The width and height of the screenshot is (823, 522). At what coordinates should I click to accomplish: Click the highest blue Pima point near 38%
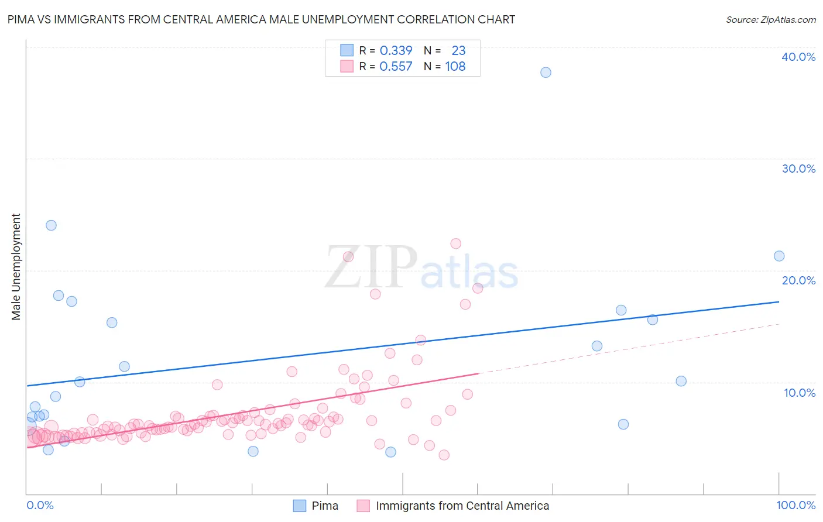(x=546, y=73)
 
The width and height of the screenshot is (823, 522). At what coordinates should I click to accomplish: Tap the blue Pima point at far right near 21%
(x=779, y=256)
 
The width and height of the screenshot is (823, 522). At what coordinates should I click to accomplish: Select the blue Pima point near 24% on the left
(x=51, y=225)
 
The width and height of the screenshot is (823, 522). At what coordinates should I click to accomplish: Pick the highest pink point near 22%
(x=455, y=243)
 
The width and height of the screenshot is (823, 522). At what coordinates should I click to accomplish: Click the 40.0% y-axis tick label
(x=798, y=57)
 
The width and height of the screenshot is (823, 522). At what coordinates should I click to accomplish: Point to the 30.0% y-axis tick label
(x=798, y=169)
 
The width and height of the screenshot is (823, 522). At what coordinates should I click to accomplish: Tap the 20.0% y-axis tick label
(x=798, y=280)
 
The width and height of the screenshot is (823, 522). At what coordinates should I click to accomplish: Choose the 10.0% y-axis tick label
(x=800, y=393)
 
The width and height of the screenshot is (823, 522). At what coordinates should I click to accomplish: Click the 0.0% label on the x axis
(x=40, y=505)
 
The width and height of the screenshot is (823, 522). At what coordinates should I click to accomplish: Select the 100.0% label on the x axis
(x=796, y=505)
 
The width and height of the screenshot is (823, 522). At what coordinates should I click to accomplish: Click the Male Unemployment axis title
(x=16, y=267)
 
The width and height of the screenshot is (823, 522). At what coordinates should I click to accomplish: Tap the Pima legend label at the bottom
(x=325, y=506)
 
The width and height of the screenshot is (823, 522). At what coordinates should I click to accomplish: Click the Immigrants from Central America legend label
(x=462, y=506)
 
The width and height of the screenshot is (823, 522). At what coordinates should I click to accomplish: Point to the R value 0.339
(x=396, y=51)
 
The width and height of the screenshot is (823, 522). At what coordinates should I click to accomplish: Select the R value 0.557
(x=396, y=67)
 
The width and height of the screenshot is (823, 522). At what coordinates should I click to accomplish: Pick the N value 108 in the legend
(x=455, y=67)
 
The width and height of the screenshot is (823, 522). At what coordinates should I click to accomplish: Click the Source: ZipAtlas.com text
(x=771, y=19)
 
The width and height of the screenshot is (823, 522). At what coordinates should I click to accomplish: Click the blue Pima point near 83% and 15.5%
(x=652, y=320)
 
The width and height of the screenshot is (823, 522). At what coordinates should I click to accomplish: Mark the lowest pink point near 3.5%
(x=444, y=455)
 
